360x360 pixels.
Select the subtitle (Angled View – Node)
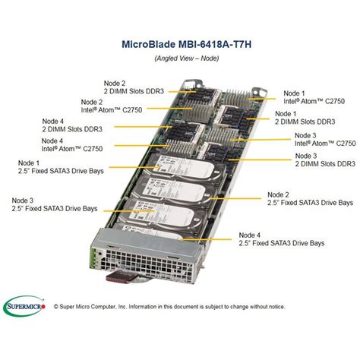(x=179, y=58)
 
